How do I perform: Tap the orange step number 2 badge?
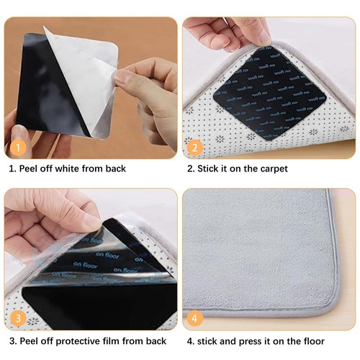pos(194,147)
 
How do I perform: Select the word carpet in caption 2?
pos(272,168)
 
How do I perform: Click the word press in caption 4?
pos(259,341)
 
